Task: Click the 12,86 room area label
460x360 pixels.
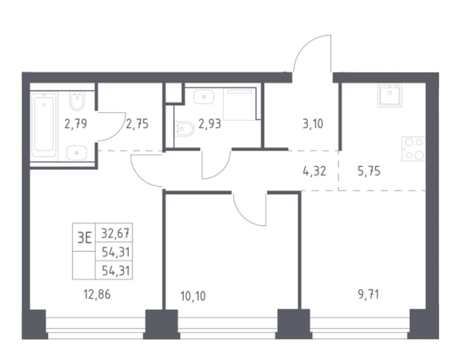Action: (x=97, y=294)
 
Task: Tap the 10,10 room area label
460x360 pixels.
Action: (x=193, y=297)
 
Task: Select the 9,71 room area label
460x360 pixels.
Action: (x=368, y=294)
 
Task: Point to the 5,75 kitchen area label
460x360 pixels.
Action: (x=369, y=171)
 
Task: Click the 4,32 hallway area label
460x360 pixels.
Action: (x=314, y=171)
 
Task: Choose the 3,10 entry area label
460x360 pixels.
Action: (x=313, y=124)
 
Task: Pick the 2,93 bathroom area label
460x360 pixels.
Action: (x=210, y=124)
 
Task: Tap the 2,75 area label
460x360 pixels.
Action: (x=137, y=124)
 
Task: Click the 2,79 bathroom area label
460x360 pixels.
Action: (x=76, y=124)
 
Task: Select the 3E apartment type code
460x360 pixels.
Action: (x=84, y=237)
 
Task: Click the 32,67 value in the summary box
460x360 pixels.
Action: (x=115, y=233)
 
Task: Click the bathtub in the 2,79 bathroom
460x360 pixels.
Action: (x=44, y=125)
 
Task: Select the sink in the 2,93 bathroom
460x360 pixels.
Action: (x=204, y=97)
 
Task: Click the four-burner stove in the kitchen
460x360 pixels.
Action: (x=414, y=149)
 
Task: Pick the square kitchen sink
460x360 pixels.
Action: (x=390, y=95)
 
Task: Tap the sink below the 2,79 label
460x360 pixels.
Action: (x=77, y=153)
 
